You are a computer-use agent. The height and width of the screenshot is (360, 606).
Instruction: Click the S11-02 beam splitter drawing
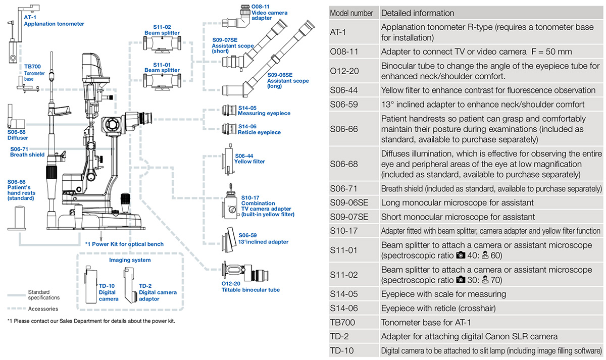pyautogui.click(x=162, y=44)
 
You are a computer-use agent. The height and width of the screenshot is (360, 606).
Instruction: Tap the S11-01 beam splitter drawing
pyautogui.click(x=162, y=81)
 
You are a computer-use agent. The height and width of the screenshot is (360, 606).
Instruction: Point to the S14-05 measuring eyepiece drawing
pyautogui.click(x=229, y=111)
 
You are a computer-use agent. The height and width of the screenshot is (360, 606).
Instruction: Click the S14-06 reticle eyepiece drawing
pyautogui.click(x=229, y=129)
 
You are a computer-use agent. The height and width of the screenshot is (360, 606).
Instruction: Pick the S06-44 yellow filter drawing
pyautogui.click(x=228, y=160)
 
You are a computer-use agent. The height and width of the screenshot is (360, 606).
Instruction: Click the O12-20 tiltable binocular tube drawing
pyautogui.click(x=245, y=272)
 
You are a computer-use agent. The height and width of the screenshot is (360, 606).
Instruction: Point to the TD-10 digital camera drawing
pyautogui.click(x=91, y=285)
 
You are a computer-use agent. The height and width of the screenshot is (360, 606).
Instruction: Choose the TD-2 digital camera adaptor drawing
pyautogui.click(x=130, y=285)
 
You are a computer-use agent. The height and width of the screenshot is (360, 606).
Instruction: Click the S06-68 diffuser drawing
pyautogui.click(x=16, y=117)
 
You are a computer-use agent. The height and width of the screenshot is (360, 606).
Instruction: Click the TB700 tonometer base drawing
pyautogui.click(x=28, y=85)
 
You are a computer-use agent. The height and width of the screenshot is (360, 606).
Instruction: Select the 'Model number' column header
pyautogui.click(x=351, y=13)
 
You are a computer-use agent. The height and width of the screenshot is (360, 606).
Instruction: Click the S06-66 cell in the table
pyautogui.click(x=344, y=129)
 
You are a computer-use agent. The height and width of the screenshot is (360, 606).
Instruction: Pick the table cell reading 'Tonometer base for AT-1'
pyautogui.click(x=426, y=323)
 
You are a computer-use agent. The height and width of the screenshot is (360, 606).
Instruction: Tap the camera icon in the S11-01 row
pyautogui.click(x=461, y=255)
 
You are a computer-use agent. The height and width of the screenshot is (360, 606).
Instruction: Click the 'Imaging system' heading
pyautogui.click(x=130, y=260)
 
